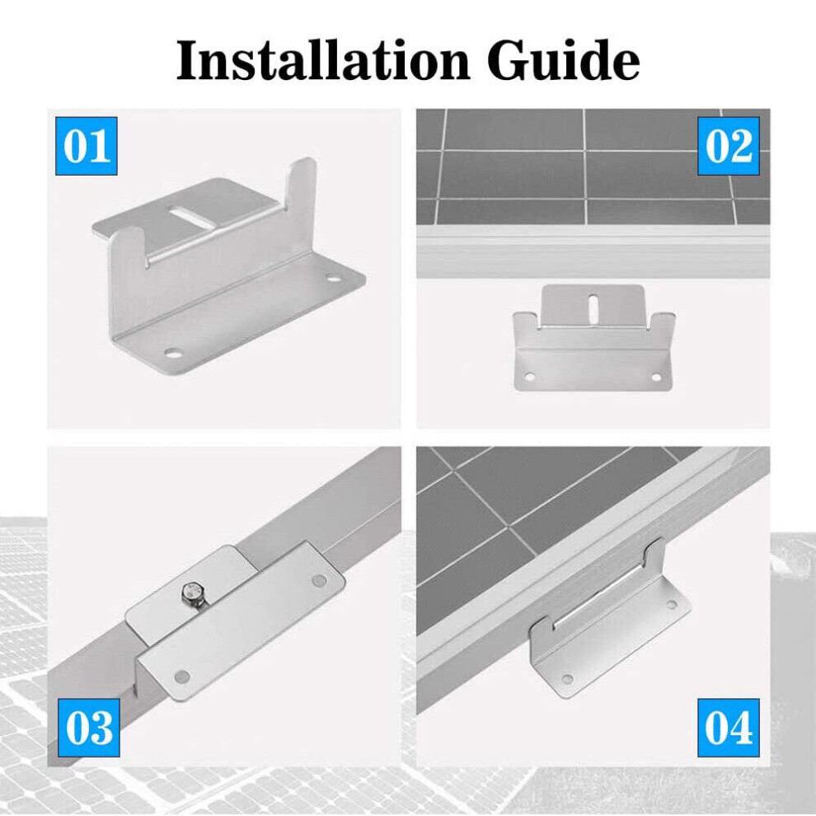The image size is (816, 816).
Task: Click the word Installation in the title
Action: pyautogui.click(x=322, y=61)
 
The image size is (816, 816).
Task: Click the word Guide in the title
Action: pyautogui.click(x=564, y=61)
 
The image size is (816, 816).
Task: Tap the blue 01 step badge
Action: pyautogui.click(x=87, y=146)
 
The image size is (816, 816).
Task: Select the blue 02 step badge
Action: pyautogui.click(x=729, y=146)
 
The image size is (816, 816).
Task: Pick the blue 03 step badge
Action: pyautogui.click(x=88, y=728)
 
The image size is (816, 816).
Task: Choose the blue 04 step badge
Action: pyautogui.click(x=729, y=728)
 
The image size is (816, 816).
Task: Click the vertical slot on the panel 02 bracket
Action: pyautogui.click(x=593, y=307)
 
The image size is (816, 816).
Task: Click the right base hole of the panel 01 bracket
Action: pyautogui.click(x=334, y=279)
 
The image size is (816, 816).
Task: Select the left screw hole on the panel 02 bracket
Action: pyautogui.click(x=529, y=376)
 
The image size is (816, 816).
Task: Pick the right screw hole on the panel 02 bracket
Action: pyautogui.click(x=656, y=377)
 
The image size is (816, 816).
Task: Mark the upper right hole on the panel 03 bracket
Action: pyautogui.click(x=319, y=580)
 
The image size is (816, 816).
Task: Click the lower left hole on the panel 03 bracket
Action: pyautogui.click(x=181, y=677)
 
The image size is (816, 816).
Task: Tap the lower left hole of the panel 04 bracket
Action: pyautogui.click(x=567, y=679)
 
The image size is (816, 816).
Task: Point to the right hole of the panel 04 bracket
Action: pyautogui.click(x=672, y=605)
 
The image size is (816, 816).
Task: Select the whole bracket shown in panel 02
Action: pyautogui.click(x=593, y=338)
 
